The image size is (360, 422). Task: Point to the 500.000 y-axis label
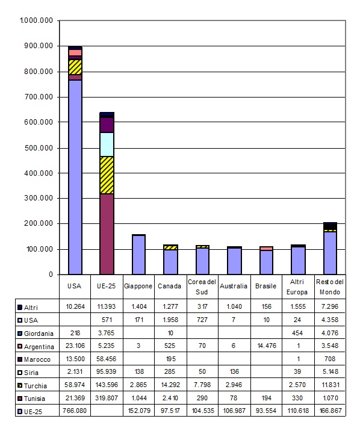pyautogui.click(x=39, y=148)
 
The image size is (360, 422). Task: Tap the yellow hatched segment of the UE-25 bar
pyautogui.click(x=107, y=175)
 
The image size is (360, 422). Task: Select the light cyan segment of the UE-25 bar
pyautogui.click(x=107, y=144)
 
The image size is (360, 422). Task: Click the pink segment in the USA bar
pyautogui.click(x=75, y=53)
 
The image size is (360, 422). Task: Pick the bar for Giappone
pyautogui.click(x=138, y=255)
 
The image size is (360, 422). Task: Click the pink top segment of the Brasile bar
pyautogui.click(x=266, y=249)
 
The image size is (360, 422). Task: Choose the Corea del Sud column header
pyautogui.click(x=202, y=287)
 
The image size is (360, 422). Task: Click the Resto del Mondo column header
pyautogui.click(x=330, y=287)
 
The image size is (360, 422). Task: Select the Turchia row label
pyautogui.click(x=36, y=386)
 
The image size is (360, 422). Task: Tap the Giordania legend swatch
pyautogui.click(x=20, y=334)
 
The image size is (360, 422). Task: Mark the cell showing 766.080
pyautogui.click(x=75, y=411)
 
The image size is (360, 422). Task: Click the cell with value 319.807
pyautogui.click(x=107, y=398)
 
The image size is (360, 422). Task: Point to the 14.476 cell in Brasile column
pyautogui.click(x=267, y=346)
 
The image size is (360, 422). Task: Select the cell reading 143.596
pyautogui.click(x=107, y=385)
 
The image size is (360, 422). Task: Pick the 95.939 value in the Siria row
pyautogui.click(x=107, y=371)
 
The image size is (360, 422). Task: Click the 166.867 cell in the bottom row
pyautogui.click(x=330, y=411)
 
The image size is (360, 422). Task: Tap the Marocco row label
pyautogui.click(x=37, y=359)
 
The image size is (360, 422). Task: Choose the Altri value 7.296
pyautogui.click(x=330, y=306)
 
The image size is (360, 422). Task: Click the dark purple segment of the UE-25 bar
pyautogui.click(x=107, y=125)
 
